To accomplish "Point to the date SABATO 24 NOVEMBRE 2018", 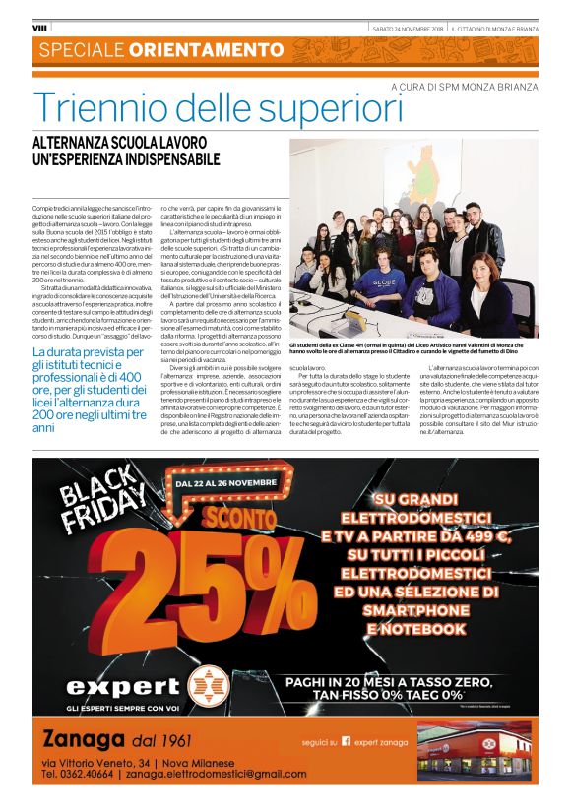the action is point(406,28).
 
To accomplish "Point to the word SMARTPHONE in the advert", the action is point(411,610).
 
